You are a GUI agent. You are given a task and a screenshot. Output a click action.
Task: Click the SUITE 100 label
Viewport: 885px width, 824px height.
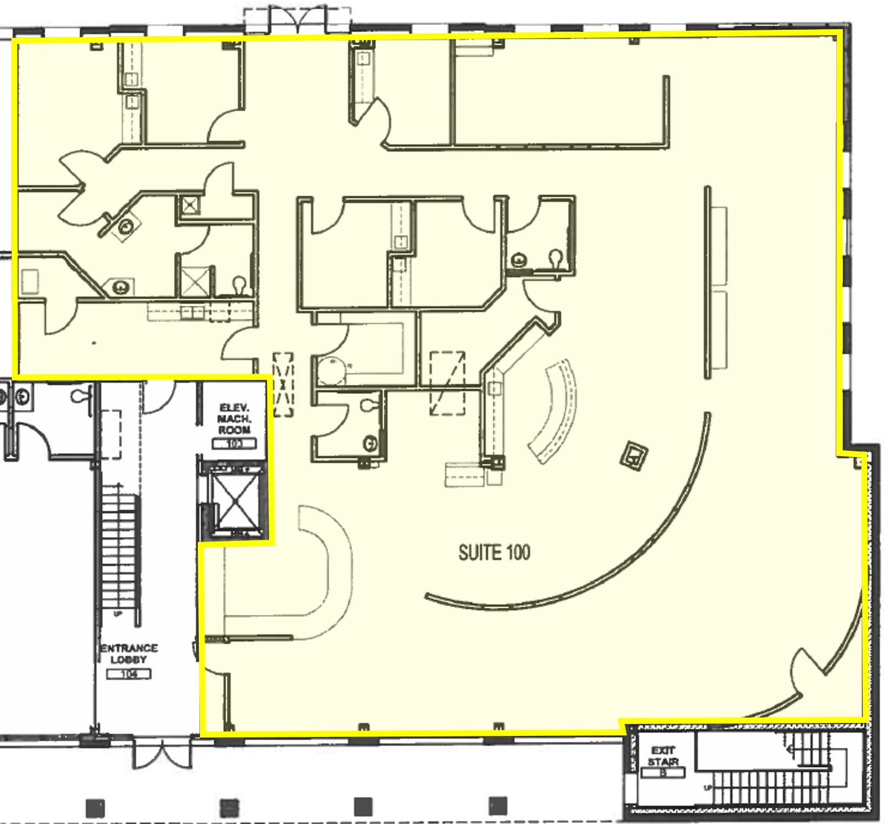(494, 553)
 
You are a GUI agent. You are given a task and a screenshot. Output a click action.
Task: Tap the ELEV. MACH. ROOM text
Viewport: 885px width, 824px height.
(234, 419)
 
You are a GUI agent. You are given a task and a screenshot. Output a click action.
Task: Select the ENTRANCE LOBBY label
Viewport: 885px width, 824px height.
(129, 653)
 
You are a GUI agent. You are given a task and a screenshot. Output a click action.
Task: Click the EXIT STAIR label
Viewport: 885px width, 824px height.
(662, 756)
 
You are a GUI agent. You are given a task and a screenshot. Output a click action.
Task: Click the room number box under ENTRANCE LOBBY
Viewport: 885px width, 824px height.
(129, 674)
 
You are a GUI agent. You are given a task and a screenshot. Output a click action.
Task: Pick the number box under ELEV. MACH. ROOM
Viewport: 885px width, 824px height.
(234, 444)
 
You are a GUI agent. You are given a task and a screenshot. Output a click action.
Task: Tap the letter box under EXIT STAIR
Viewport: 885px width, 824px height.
(663, 773)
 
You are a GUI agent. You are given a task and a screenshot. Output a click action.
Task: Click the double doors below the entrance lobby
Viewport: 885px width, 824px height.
(162, 754)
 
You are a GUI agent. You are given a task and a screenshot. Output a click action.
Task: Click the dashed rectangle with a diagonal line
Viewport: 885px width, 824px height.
(447, 384)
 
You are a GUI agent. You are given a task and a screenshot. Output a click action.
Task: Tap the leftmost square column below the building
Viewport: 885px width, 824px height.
(96, 808)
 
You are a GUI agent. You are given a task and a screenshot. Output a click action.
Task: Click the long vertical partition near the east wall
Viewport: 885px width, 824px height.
(707, 282)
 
